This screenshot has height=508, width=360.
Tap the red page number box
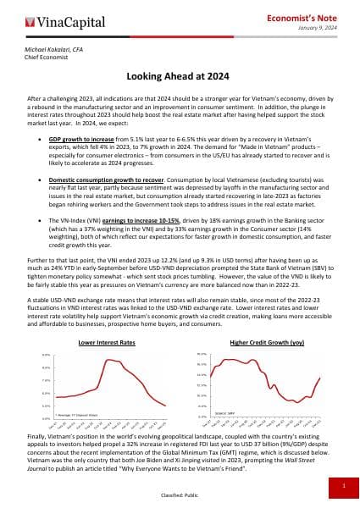pyautogui.click(x=342, y=486)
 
